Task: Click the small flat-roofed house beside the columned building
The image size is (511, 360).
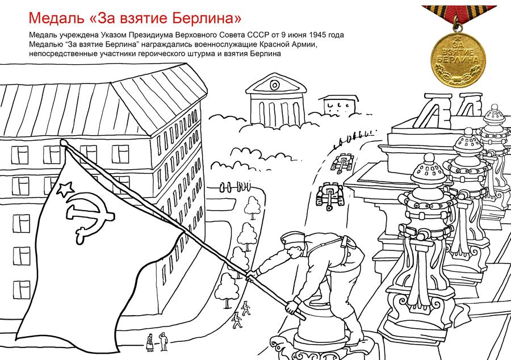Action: (340, 104)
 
